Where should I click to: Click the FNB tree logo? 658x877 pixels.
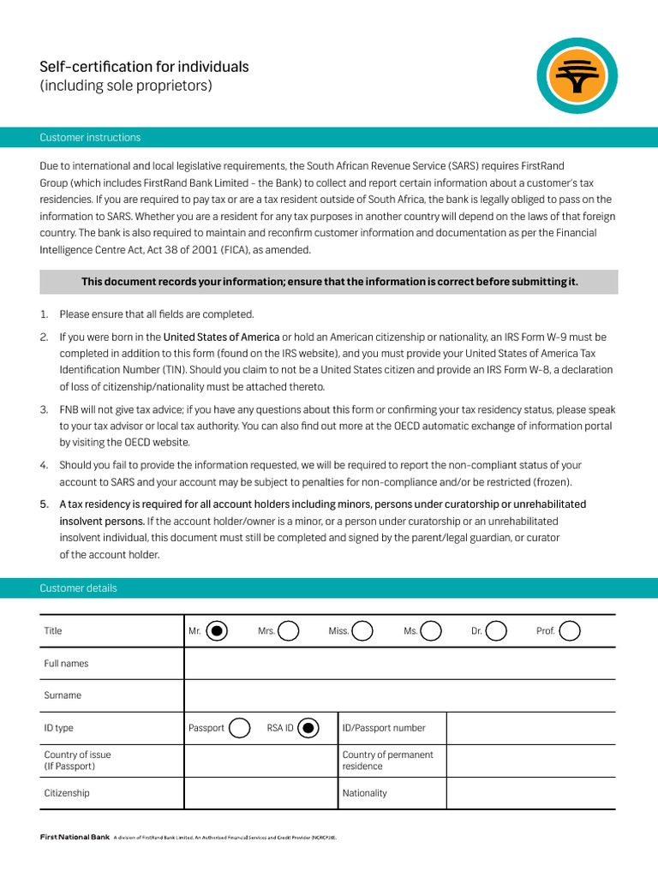[577, 78]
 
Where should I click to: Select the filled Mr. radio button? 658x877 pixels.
[218, 631]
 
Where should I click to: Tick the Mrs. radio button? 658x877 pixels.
[289, 631]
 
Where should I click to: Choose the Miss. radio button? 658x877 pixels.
[362, 631]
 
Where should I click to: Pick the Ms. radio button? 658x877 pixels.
[431, 631]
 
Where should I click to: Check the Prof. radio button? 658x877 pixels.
[570, 631]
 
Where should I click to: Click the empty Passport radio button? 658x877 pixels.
[240, 728]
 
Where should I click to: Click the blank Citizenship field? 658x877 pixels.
[261, 793]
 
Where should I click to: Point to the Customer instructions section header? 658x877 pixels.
[90, 138]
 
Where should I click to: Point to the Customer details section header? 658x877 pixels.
[78, 588]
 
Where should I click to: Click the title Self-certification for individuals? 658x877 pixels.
[144, 67]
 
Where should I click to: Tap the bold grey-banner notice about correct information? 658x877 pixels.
[329, 282]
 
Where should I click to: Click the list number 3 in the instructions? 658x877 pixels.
[44, 410]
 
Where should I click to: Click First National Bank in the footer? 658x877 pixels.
[75, 837]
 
